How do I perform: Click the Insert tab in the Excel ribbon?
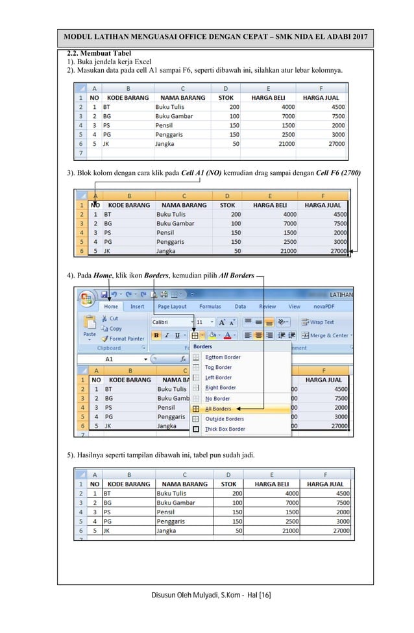[138, 307]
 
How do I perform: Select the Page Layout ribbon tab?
[172, 307]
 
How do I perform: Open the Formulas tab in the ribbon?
[210, 307]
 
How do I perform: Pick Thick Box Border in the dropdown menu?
[225, 429]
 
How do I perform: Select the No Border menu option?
[217, 398]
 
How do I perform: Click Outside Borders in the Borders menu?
[225, 419]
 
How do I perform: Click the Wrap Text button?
[322, 322]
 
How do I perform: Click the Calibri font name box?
[170, 322]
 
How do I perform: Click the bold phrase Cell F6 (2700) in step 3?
[337, 173]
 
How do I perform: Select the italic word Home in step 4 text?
[102, 276]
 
